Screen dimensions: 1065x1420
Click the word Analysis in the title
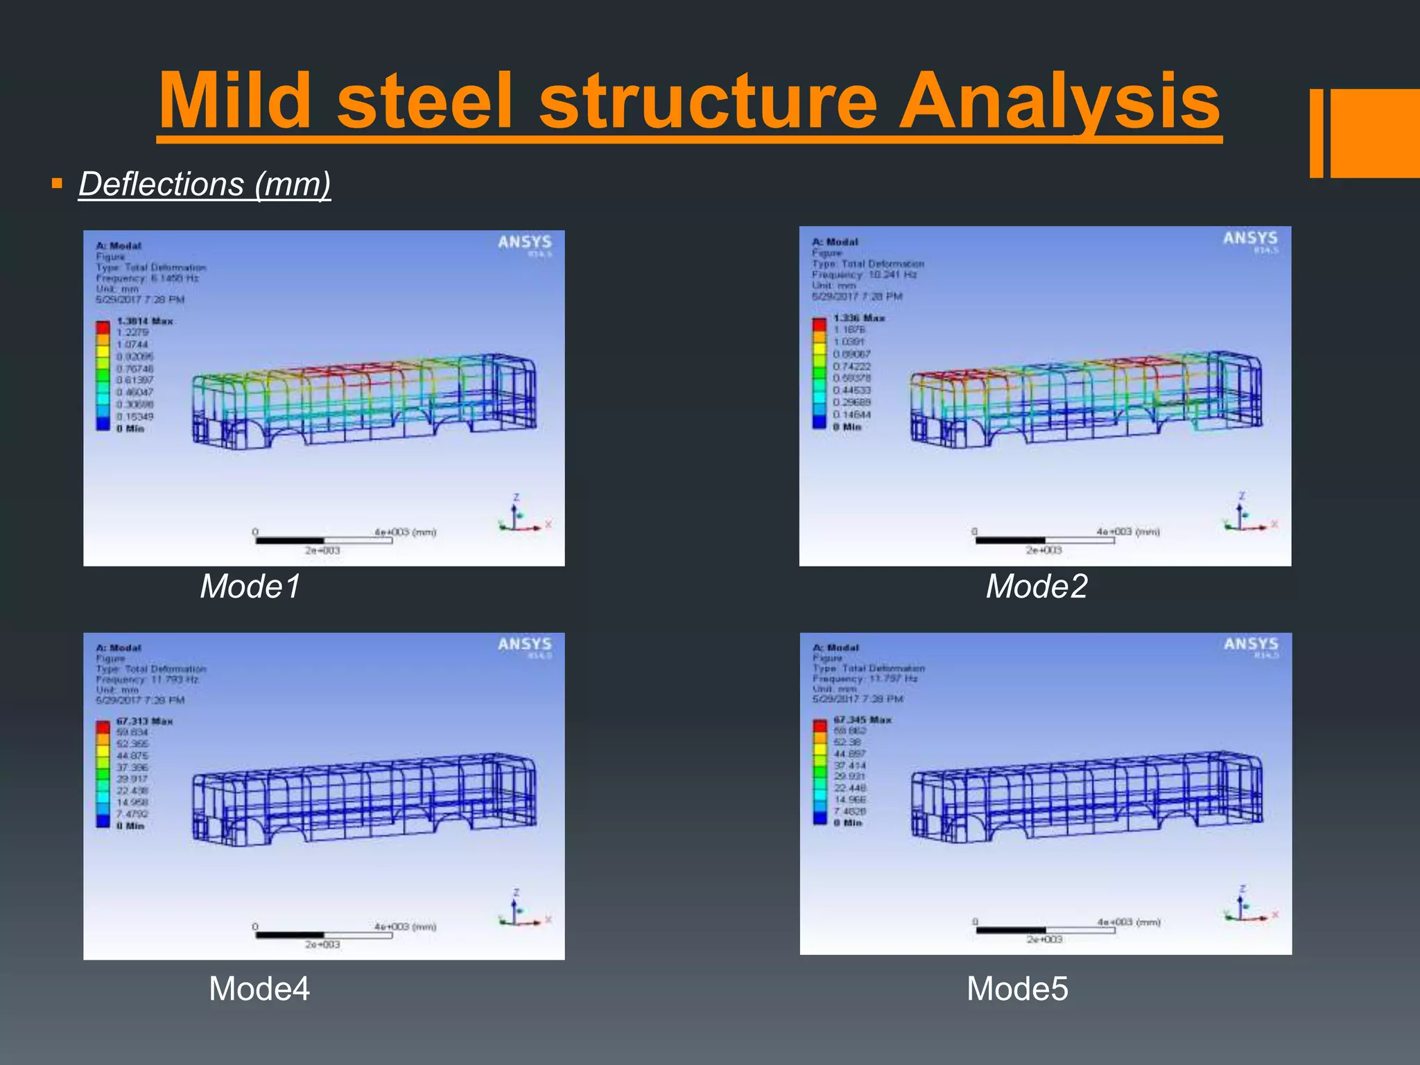[1059, 102]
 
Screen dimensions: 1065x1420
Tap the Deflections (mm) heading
[205, 184]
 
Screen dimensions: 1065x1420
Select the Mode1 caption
[250, 587]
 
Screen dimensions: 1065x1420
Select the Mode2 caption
[1036, 587]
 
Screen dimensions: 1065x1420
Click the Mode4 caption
[259, 989]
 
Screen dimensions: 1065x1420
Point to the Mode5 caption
[1017, 989]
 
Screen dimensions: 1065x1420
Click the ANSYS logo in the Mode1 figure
[524, 243]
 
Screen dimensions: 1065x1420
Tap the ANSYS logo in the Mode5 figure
[1250, 644]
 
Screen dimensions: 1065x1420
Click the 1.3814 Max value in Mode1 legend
[145, 321]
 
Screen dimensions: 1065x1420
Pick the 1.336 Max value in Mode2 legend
[859, 318]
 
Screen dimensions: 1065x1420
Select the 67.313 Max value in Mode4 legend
[144, 721]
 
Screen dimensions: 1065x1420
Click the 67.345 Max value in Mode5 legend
[862, 720]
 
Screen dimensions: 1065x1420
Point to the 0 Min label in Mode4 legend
[130, 826]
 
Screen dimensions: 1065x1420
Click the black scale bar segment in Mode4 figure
[289, 935]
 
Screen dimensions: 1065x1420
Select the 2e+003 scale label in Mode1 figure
[322, 551]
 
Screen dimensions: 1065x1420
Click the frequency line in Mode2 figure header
[864, 275]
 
